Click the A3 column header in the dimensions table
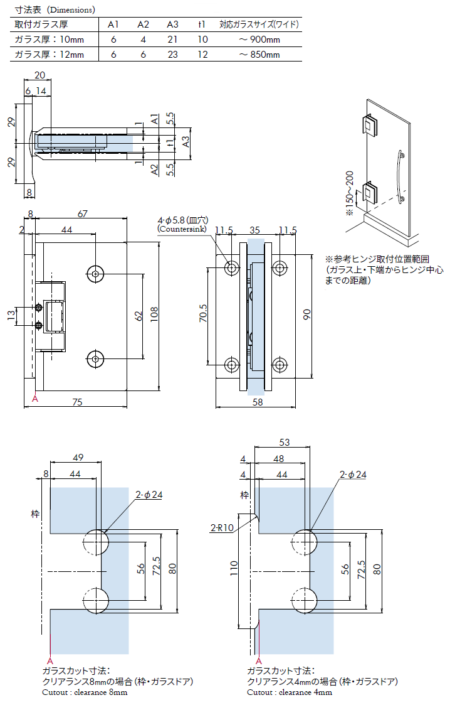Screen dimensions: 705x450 click(172, 25)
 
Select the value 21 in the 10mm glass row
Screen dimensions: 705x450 click(172, 40)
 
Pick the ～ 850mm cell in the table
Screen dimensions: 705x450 click(259, 55)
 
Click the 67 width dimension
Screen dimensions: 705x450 click(83, 214)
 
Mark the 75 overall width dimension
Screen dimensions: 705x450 click(77, 402)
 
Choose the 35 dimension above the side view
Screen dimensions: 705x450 click(255, 230)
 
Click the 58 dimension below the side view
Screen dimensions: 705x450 click(258, 402)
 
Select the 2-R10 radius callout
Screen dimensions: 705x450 click(222, 528)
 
